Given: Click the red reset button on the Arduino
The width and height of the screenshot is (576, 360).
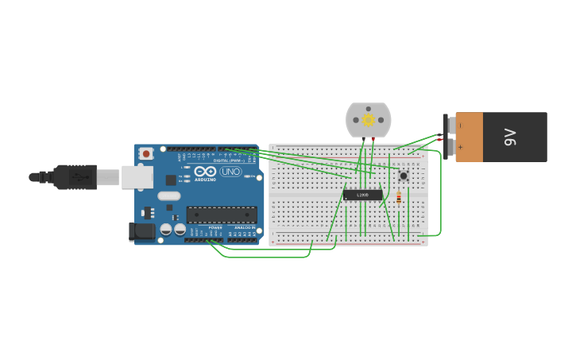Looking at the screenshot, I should (x=146, y=153).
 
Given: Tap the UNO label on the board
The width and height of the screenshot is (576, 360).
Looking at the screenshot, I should (x=231, y=172).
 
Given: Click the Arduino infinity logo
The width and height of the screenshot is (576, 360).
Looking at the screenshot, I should (x=205, y=171).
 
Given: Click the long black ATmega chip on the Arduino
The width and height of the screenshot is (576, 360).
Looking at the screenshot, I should (x=222, y=215).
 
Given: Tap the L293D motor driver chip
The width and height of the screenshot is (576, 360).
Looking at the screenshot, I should (x=362, y=195).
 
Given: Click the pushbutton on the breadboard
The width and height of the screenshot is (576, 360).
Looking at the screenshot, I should (x=404, y=175).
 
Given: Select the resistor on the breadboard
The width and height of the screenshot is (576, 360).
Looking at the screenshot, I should (x=399, y=199).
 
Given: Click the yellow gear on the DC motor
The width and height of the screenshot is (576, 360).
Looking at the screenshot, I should (x=368, y=120).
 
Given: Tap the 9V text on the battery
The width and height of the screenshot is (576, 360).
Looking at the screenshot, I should (x=511, y=137).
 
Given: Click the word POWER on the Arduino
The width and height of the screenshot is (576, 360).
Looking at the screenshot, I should (x=215, y=228).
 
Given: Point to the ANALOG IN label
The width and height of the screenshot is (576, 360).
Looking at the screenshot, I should (x=245, y=228).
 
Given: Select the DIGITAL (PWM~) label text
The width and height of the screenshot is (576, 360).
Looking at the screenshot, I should (x=228, y=161).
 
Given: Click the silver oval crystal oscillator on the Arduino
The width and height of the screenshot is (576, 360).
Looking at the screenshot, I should (x=168, y=195).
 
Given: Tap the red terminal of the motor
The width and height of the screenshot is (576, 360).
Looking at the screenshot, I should (x=373, y=139).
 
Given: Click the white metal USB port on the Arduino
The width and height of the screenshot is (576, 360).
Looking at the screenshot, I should (x=137, y=176).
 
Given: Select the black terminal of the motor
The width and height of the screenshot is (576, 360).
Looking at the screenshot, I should (x=363, y=139).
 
